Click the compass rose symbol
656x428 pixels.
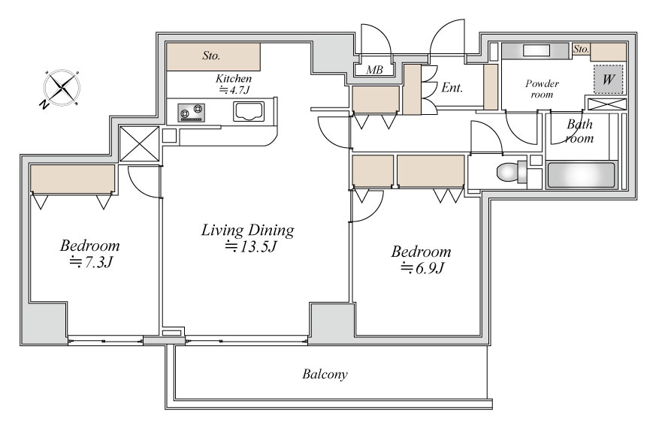[62, 88]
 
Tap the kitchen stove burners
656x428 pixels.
[191, 113]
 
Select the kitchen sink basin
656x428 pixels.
[249, 112]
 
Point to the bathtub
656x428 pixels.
[581, 175]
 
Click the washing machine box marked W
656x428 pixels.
[608, 79]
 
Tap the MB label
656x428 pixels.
[374, 70]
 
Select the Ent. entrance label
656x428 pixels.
[452, 87]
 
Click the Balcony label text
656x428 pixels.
[325, 374]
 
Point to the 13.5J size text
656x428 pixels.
[251, 246]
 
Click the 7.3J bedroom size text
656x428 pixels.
[92, 262]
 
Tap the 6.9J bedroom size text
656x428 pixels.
[422, 267]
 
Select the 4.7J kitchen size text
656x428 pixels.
[234, 89]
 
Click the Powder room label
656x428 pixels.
[542, 89]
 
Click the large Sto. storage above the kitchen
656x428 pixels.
[213, 56]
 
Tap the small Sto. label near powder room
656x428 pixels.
[581, 50]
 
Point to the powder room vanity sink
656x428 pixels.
[537, 50]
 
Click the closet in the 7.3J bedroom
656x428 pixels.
[72, 179]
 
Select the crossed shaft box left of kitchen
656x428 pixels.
[139, 143]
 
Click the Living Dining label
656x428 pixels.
[248, 231]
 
